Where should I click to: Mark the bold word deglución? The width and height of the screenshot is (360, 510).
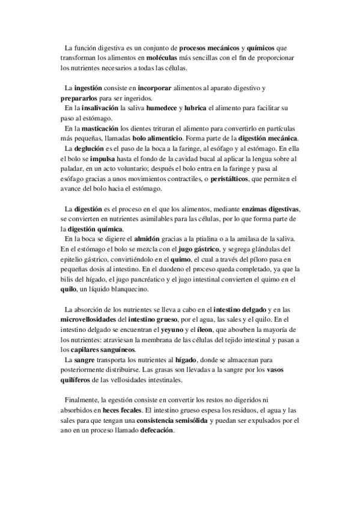pyautogui.click(x=90, y=148)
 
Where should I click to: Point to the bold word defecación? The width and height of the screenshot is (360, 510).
pyautogui.click(x=157, y=431)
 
